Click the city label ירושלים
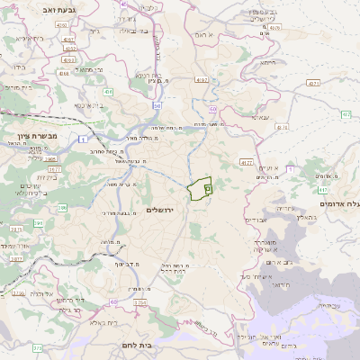[164, 209]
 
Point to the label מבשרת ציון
[38, 135]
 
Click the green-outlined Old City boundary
[198, 189]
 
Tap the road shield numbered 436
[108, 92]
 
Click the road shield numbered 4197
[201, 80]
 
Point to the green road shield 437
[346, 114]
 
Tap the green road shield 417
[323, 191]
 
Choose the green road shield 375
[38, 347]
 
